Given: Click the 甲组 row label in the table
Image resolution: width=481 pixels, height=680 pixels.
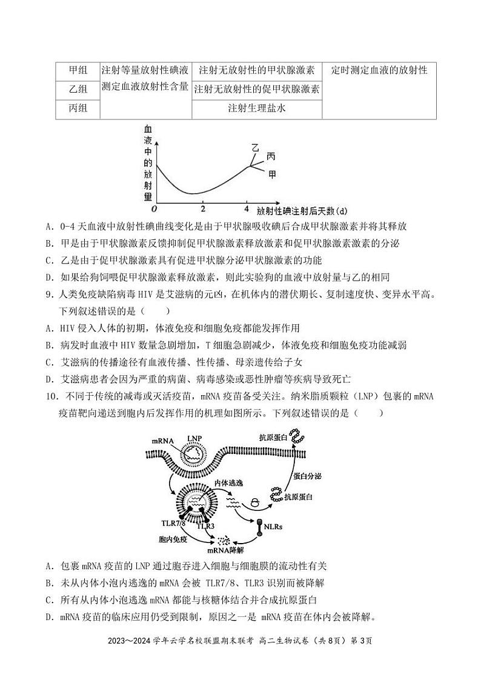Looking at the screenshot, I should [77, 70].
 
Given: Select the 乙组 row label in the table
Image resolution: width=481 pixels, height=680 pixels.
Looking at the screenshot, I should [77, 90].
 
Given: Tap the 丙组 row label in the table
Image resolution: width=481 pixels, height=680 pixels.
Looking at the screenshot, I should [77, 109].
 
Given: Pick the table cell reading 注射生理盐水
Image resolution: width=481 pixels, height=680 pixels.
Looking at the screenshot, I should [256, 109].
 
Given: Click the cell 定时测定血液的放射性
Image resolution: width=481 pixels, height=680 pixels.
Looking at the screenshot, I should [379, 70].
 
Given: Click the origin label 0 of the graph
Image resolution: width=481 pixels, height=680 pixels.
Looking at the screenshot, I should [154, 209].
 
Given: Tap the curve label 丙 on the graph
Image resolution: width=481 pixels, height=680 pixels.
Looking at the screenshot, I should [270, 157].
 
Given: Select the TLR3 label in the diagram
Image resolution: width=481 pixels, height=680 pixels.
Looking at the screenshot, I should [206, 526].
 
